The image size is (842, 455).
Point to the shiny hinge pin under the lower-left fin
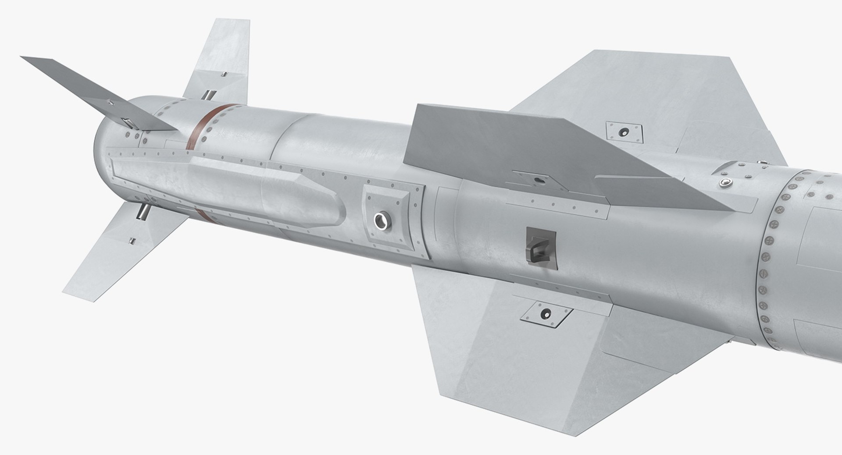click(143, 212)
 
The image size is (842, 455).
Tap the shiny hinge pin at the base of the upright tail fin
click(209, 95)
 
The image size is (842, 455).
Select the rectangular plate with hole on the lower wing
click(546, 313)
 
